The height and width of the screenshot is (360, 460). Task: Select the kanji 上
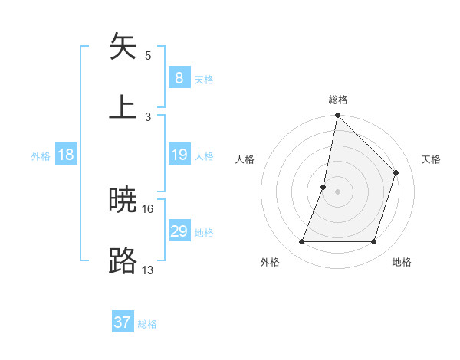click(123, 106)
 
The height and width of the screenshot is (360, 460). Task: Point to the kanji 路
click(123, 261)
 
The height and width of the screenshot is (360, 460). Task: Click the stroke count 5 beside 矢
click(148, 55)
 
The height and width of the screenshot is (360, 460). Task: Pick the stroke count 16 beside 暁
click(148, 208)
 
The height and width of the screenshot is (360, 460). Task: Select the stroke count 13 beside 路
click(148, 270)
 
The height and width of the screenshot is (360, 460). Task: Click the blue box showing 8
click(179, 77)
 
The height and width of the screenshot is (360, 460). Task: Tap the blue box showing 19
click(179, 155)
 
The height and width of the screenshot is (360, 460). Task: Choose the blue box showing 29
click(179, 231)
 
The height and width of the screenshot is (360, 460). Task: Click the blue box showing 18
click(66, 155)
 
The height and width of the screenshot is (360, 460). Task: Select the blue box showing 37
click(123, 322)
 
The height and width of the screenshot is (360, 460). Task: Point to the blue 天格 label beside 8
click(204, 79)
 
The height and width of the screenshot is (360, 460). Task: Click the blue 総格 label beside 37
click(147, 324)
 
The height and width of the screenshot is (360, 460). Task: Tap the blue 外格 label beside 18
click(41, 156)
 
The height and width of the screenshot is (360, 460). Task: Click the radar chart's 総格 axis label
click(338, 100)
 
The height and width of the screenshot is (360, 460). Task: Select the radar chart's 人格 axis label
click(245, 159)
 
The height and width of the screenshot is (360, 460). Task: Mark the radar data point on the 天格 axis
click(396, 172)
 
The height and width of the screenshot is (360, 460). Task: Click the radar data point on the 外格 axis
click(301, 242)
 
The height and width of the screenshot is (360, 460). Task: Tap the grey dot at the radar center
click(338, 191)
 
